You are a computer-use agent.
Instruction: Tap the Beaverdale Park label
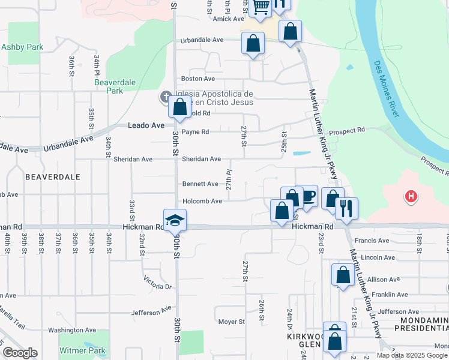coord(109,86)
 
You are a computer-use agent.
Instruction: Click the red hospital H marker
coord(411,196)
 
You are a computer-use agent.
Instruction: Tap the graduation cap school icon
coord(175,220)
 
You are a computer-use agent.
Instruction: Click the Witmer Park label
coord(82,350)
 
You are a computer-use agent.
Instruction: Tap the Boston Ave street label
coord(198,79)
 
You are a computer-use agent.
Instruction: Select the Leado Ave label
coord(146,125)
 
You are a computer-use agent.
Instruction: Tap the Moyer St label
coord(231,322)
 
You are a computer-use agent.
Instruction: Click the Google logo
coord(20,353)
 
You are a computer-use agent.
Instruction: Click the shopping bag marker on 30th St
coord(180,109)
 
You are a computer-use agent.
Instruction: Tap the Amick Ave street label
coord(228,19)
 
